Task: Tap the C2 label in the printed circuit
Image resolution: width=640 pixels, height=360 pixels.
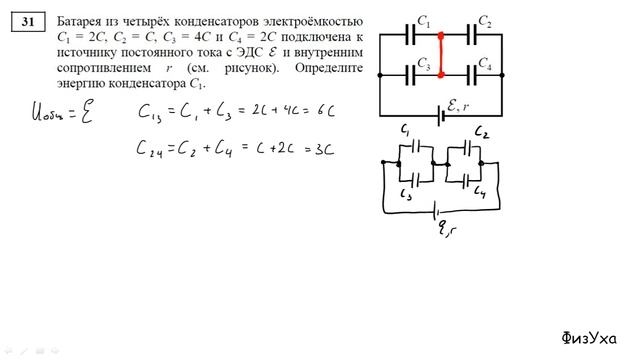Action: click(484, 22)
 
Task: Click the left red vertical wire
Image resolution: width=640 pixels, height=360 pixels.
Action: click(441, 55)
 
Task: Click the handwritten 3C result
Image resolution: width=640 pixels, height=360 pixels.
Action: click(320, 149)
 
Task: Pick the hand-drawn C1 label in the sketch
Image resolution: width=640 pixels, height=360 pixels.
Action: click(406, 131)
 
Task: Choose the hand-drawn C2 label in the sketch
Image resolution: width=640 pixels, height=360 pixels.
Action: click(480, 133)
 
